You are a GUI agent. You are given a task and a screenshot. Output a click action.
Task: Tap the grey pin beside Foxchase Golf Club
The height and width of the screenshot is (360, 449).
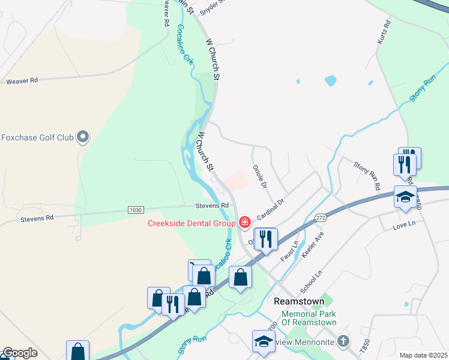(83, 137)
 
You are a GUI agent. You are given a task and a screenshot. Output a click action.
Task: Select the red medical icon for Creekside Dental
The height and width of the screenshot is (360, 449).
(244, 223)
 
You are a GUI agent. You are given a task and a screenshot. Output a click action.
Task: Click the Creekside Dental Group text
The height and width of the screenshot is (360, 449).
(191, 224)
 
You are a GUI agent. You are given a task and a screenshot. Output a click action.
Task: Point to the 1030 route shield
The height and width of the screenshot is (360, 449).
(136, 209)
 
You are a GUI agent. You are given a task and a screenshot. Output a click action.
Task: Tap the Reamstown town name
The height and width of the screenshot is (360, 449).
(299, 301)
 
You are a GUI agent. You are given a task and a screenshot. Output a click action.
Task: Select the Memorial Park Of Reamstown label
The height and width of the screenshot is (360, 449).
(309, 318)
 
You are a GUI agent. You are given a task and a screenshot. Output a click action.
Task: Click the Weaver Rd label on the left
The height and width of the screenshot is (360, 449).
(22, 80)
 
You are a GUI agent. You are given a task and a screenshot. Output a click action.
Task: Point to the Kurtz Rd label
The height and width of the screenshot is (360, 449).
(385, 31)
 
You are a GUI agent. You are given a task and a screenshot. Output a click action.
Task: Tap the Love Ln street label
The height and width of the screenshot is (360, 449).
(404, 226)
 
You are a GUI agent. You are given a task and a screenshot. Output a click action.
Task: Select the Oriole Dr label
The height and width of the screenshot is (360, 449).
(259, 176)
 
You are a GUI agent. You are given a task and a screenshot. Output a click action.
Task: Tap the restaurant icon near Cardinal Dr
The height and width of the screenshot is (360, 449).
(265, 238)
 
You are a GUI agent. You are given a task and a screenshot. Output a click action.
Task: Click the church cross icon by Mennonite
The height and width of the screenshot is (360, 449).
(343, 340)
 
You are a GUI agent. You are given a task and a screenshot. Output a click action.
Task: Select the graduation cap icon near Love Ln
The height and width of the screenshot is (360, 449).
(405, 197)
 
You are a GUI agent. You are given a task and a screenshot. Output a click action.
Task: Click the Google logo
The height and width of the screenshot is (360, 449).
(20, 353)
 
